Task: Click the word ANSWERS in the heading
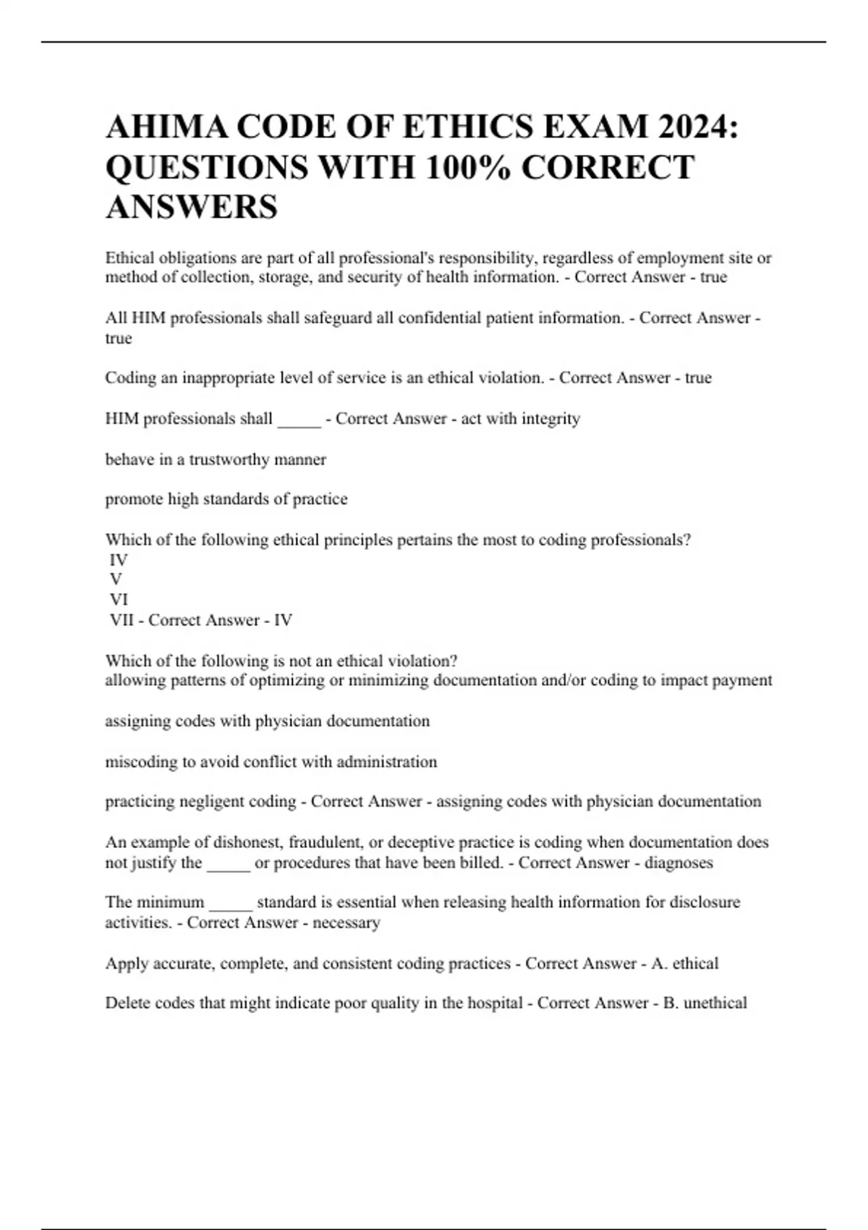coord(192,207)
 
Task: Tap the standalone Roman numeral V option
coord(116,580)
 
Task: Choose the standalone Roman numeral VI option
coord(119,600)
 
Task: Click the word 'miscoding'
coord(141,762)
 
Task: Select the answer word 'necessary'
coord(346,922)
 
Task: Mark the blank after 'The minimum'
coord(230,904)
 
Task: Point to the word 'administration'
coord(386,762)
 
